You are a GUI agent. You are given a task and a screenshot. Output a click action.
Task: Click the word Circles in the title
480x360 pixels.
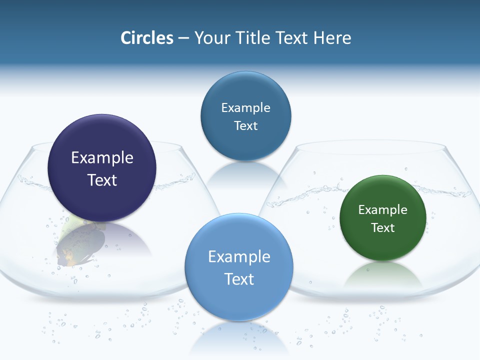point(147,38)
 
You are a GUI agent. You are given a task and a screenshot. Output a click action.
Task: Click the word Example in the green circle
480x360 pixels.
point(383,209)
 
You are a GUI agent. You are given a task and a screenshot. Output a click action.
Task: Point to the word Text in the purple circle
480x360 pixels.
point(102,180)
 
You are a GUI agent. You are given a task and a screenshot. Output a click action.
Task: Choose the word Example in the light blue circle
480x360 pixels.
point(239,256)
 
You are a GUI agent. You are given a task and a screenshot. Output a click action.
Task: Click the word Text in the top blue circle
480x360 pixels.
point(245,125)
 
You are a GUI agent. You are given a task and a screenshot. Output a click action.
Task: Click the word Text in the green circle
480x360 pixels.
point(383,227)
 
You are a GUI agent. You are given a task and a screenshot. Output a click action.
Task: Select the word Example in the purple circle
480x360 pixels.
point(102,157)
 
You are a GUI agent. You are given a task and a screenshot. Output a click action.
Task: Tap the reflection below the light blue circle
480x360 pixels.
point(239,340)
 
